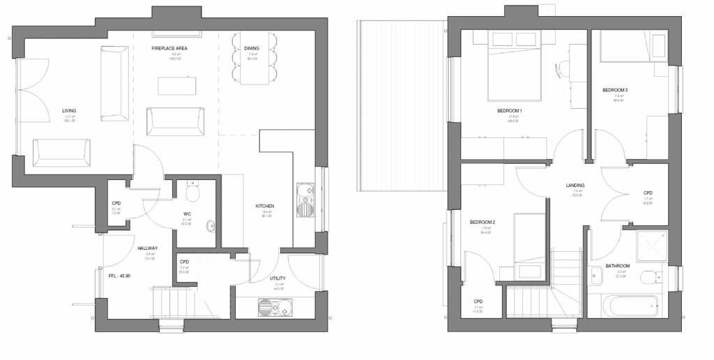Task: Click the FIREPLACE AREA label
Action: (169, 49)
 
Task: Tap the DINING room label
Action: (252, 49)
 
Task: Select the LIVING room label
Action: (69, 111)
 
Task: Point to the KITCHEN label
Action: (264, 207)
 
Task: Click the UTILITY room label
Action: (278, 278)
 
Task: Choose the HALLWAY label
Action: (147, 248)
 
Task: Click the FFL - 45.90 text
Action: (120, 276)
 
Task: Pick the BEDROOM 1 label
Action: (510, 111)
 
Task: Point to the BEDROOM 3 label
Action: (615, 91)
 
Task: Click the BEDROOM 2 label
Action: (483, 223)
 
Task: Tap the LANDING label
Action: (575, 186)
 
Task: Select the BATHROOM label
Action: (617, 267)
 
